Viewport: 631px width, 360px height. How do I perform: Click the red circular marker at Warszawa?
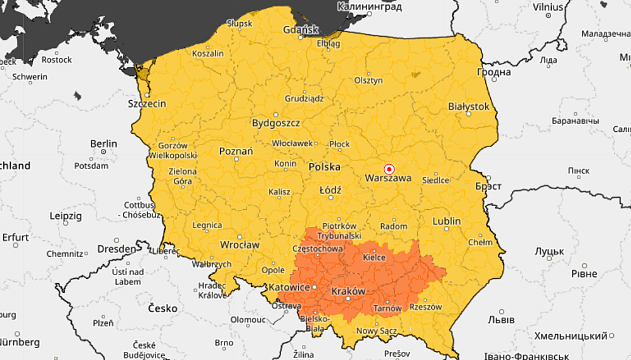click(x=389, y=169)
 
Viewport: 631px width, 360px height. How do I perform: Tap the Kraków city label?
click(x=348, y=291)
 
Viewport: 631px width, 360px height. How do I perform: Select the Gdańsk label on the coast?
click(x=301, y=30)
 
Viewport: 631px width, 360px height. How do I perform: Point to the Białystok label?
click(x=469, y=106)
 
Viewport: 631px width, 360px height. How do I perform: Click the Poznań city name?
click(x=236, y=151)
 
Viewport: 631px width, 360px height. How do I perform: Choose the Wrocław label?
click(x=240, y=245)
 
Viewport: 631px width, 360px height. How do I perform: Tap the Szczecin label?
click(x=147, y=103)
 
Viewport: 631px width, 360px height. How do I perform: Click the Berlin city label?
click(x=103, y=143)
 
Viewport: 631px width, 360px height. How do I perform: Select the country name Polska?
click(x=324, y=167)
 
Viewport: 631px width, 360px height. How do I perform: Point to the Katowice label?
click(x=289, y=288)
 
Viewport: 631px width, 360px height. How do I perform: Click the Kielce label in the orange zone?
click(x=374, y=258)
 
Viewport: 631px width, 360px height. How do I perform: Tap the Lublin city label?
click(x=446, y=221)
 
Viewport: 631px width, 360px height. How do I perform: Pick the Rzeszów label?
click(x=426, y=307)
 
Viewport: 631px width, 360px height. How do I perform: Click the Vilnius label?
click(x=548, y=7)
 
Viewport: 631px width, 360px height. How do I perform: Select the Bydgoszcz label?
click(x=276, y=123)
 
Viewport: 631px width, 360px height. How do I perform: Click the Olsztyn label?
click(x=368, y=80)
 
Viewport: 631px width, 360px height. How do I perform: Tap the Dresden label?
click(x=117, y=249)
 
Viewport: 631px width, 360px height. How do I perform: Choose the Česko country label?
click(x=162, y=308)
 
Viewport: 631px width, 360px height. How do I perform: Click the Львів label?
click(x=501, y=321)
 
